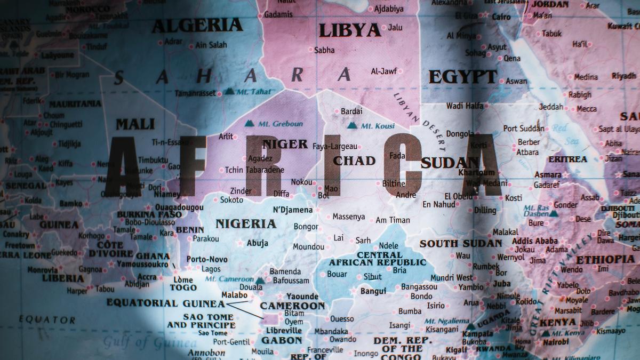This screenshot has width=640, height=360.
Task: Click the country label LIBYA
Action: [349, 30]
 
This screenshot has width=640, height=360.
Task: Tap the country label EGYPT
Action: [463, 77]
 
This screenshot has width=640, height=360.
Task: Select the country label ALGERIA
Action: [197, 25]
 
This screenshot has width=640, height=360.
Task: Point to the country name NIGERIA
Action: [246, 223]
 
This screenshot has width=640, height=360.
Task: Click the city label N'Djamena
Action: [292, 210]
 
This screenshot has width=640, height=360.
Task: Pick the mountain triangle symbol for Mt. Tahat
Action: [229, 91]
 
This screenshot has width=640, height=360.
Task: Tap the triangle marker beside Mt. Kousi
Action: [352, 126]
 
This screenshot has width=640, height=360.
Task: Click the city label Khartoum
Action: [477, 172]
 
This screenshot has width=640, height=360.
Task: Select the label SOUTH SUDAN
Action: [460, 243]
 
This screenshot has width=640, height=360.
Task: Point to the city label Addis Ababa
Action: [534, 241]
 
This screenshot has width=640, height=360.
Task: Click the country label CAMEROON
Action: [292, 306]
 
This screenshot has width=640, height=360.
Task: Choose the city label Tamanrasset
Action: [195, 93]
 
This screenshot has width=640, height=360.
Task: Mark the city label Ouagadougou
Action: [178, 207]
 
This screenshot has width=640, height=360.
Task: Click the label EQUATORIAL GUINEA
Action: [165, 303]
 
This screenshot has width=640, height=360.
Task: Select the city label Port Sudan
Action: [524, 129]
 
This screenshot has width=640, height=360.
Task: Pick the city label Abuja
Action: [257, 243]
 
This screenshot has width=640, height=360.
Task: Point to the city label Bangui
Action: [373, 291]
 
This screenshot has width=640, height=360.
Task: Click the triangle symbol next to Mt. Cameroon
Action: [260, 281]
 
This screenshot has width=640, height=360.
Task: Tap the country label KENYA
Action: [557, 323]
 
